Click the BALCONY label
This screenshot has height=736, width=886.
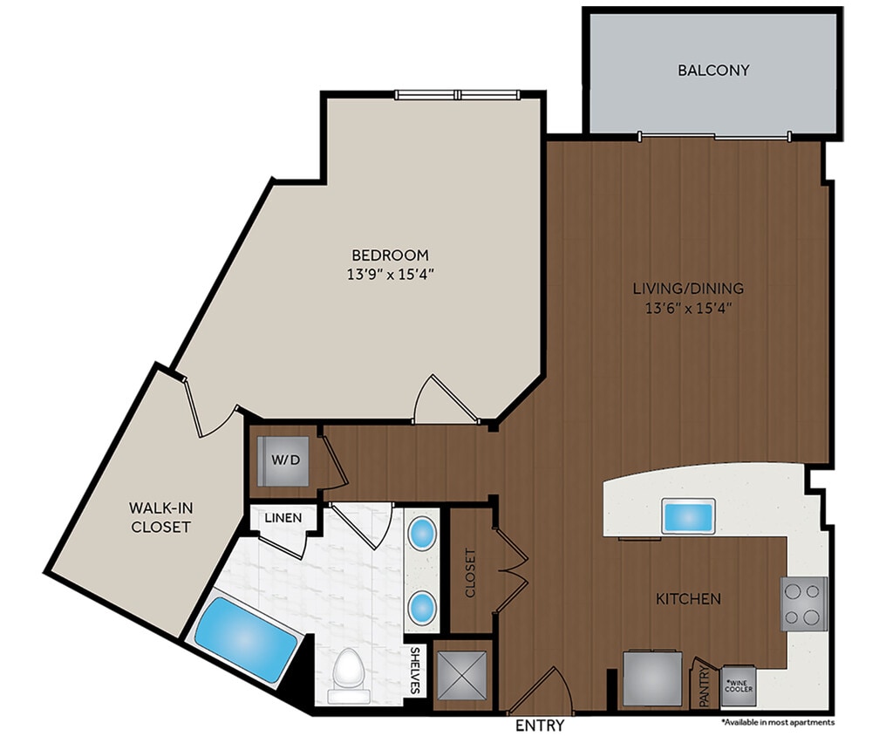pos(713,71)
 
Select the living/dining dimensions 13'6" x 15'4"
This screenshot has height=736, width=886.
pos(687,307)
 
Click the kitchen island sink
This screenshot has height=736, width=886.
pos(689,515)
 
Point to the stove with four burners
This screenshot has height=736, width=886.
pos(803,603)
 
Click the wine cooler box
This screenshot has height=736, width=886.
pos(739,686)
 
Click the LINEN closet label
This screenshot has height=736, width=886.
pos(283,518)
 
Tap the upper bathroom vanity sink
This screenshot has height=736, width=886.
pos(423,532)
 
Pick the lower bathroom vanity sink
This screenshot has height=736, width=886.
pos(423,604)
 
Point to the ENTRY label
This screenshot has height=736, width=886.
pos(540,726)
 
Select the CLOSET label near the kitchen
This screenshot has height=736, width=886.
pos(471,573)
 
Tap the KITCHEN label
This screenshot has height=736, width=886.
pos(688,599)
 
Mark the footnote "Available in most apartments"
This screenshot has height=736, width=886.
pos(778,722)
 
